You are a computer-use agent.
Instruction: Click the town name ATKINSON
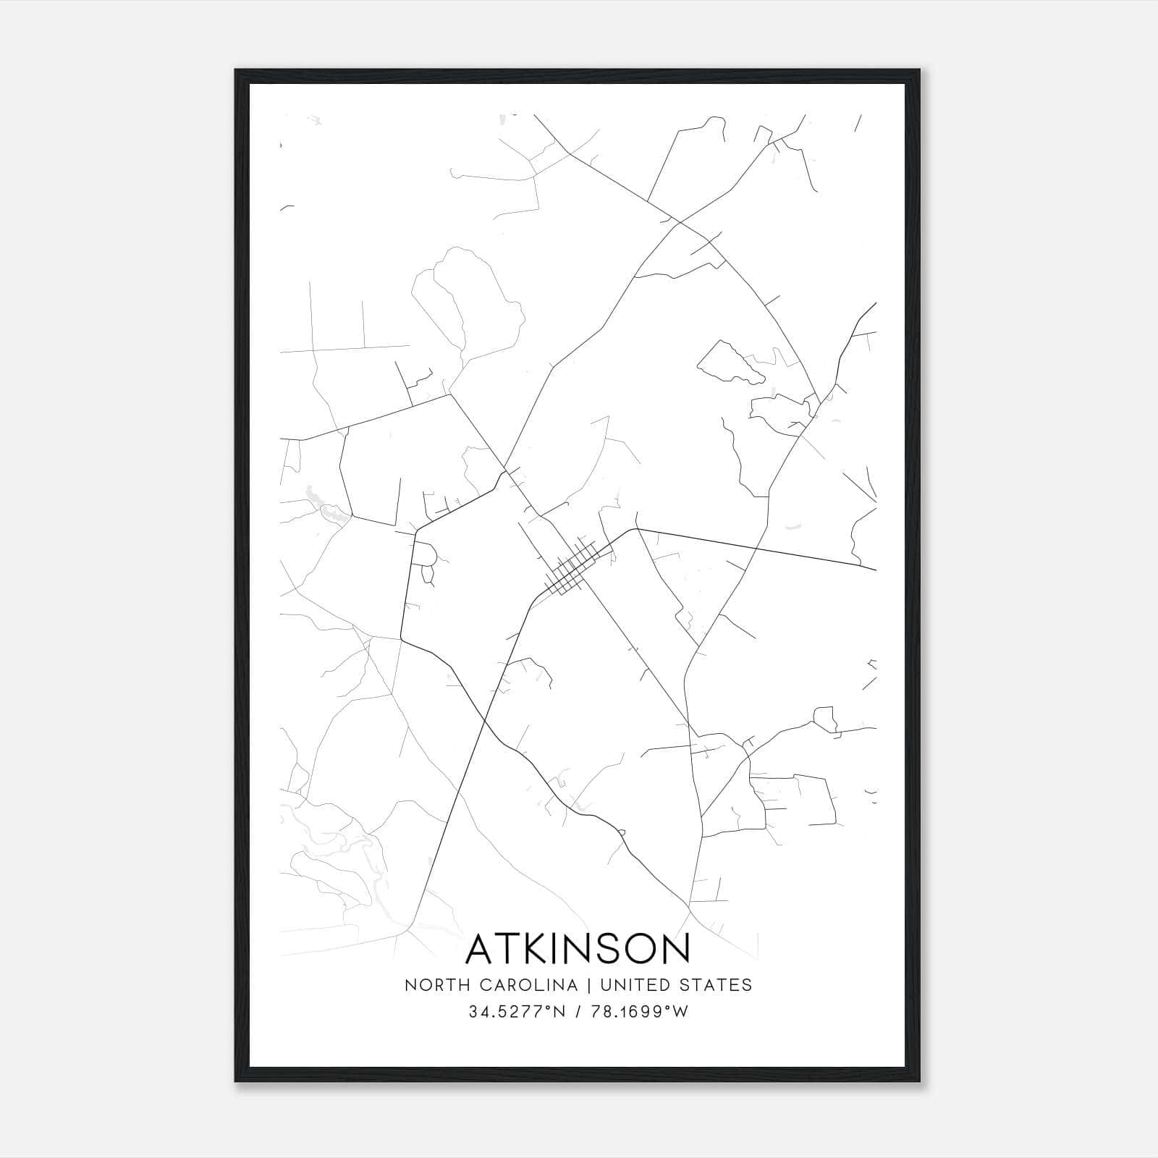(578, 950)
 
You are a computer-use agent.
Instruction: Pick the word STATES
(717, 985)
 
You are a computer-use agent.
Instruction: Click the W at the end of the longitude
(680, 1013)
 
